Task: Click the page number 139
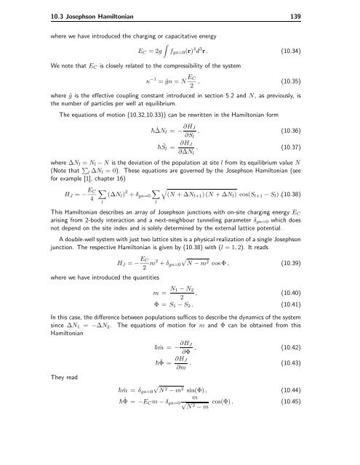(x=344, y=8)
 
